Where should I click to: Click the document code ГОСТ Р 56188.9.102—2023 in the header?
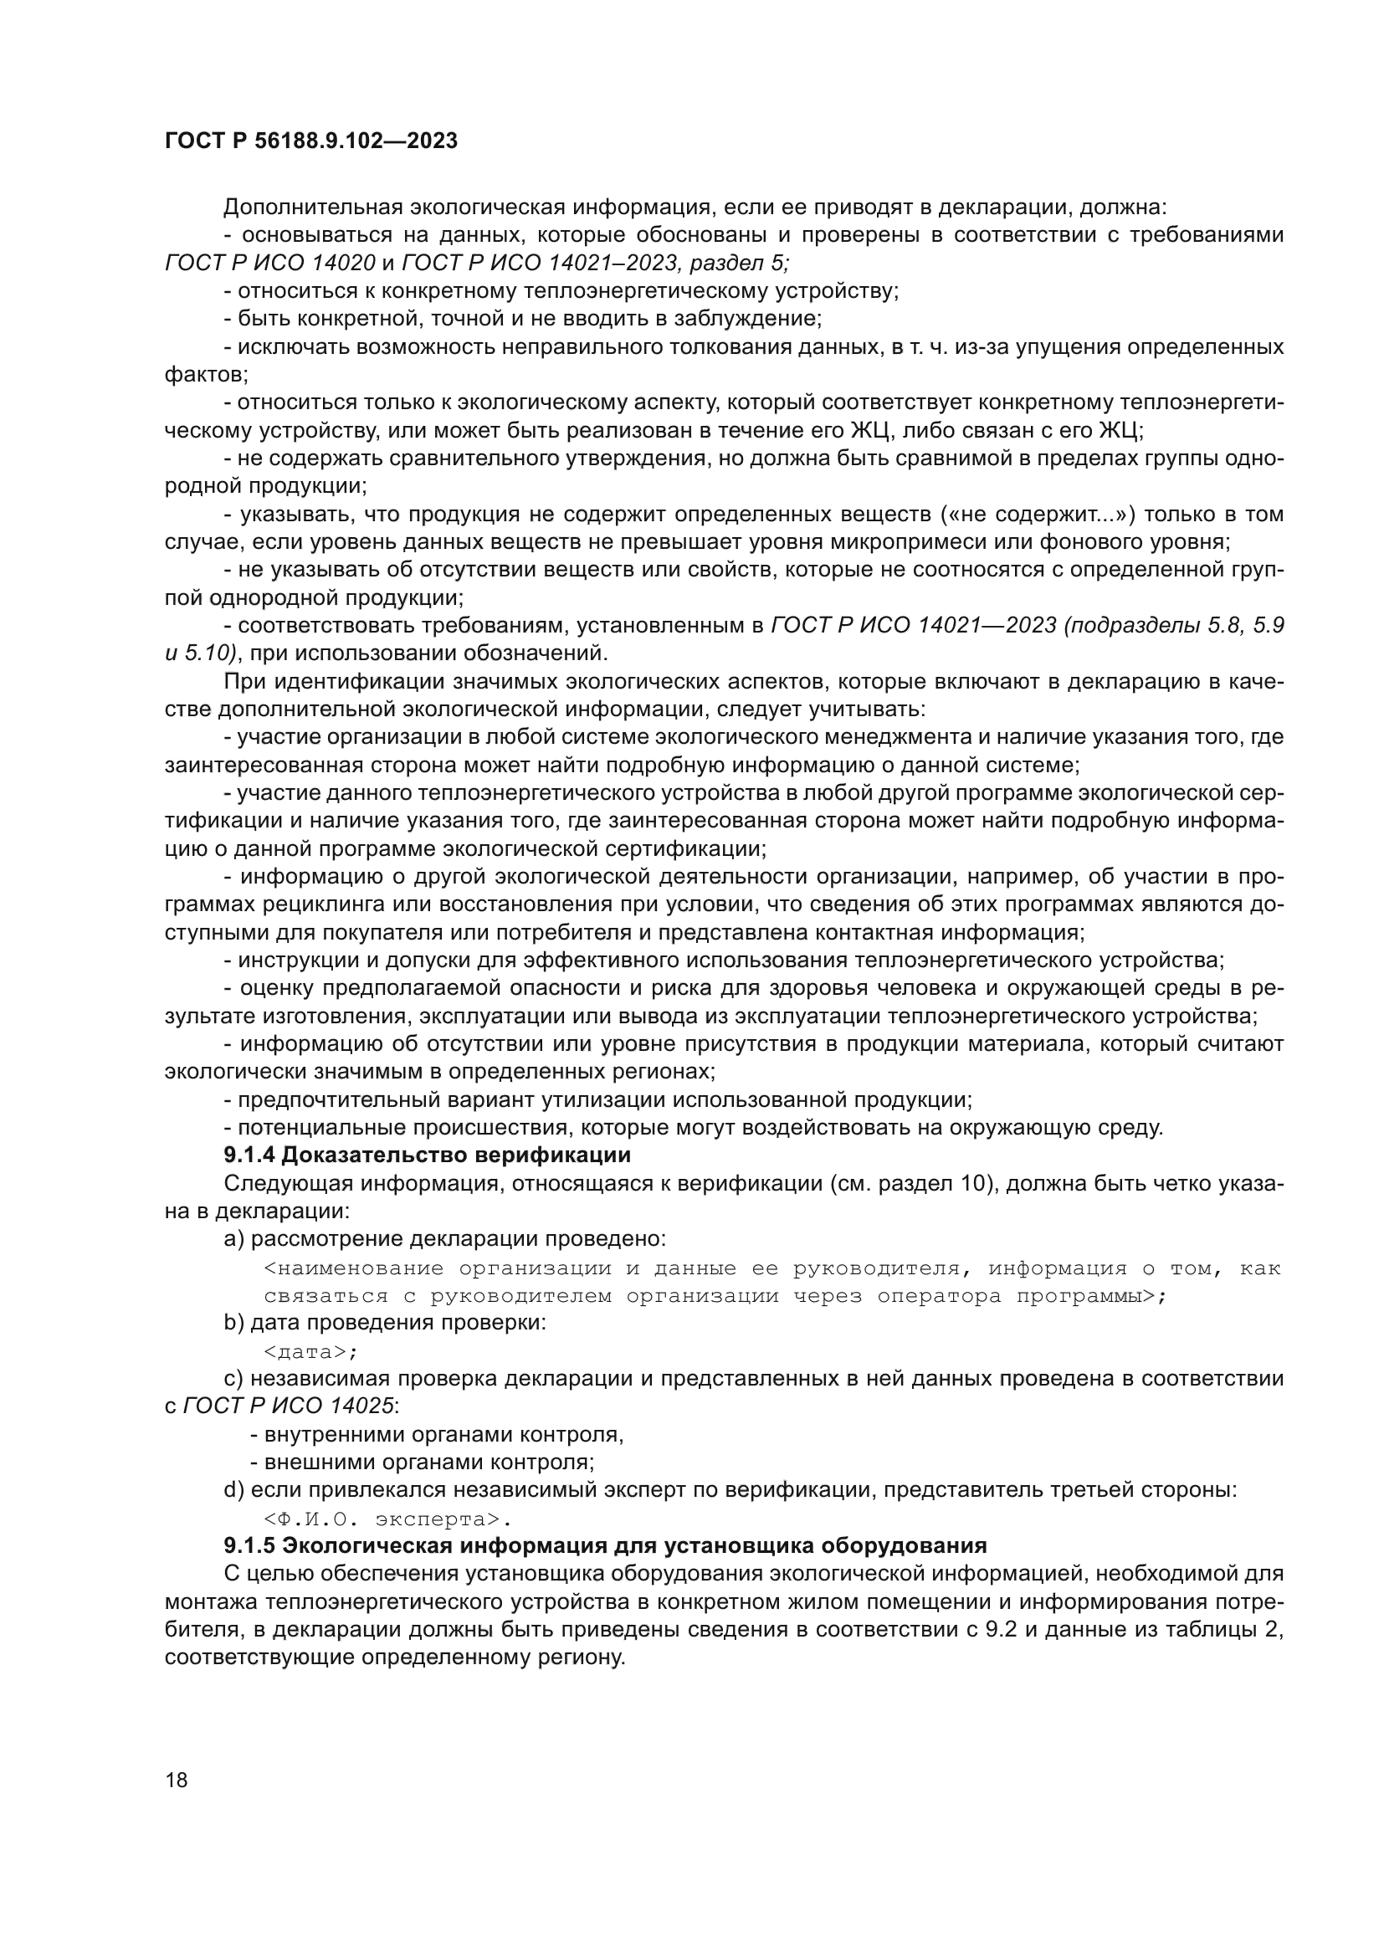click(310, 141)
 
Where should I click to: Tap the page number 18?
click(177, 1780)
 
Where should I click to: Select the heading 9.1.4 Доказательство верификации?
click(427, 1155)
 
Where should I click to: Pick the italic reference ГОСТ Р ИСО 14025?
click(288, 1406)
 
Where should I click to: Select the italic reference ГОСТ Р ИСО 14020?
click(270, 263)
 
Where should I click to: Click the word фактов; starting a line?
click(206, 374)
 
